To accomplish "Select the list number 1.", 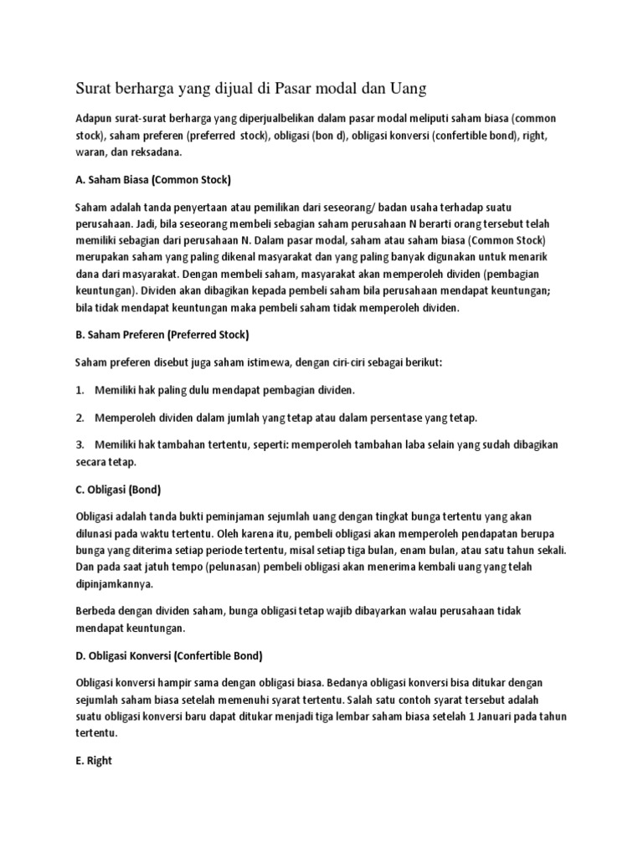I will pyautogui.click(x=80, y=390).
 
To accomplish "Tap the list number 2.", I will pyautogui.click(x=80, y=417).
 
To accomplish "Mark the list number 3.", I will pyautogui.click(x=80, y=444).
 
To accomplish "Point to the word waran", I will pyautogui.click(x=90, y=153).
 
